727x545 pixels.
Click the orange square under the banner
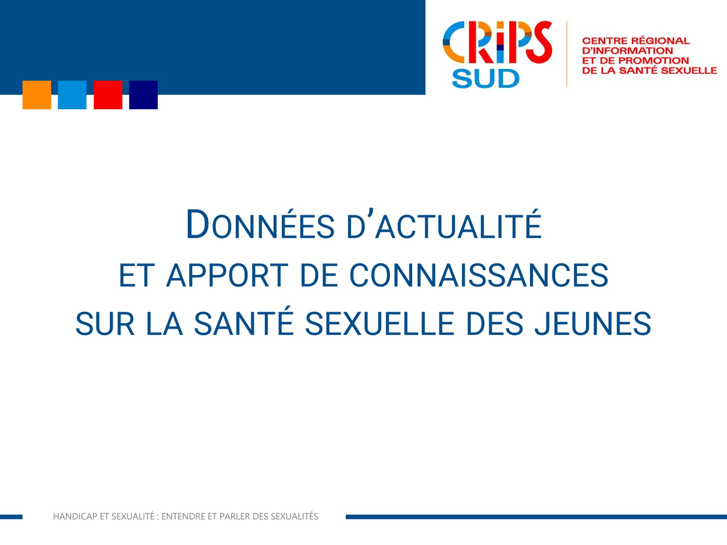pyautogui.click(x=37, y=95)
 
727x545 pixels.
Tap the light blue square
pyautogui.click(x=72, y=95)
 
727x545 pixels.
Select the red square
pyautogui.click(x=108, y=95)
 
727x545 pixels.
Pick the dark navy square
pyautogui.click(x=144, y=95)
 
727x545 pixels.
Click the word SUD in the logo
pyautogui.click(x=486, y=78)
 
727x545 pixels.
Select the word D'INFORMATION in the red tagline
pyautogui.click(x=627, y=51)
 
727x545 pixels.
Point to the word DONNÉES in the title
pyautogui.click(x=260, y=225)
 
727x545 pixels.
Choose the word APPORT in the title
pyautogui.click(x=227, y=275)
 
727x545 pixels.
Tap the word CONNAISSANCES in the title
pyautogui.click(x=479, y=275)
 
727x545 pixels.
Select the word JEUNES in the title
pyautogui.click(x=593, y=323)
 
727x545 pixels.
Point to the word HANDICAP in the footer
pyautogui.click(x=75, y=516)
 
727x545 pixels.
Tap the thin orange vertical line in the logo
pyautogui.click(x=567, y=54)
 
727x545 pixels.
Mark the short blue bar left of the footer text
pyautogui.click(x=11, y=517)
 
